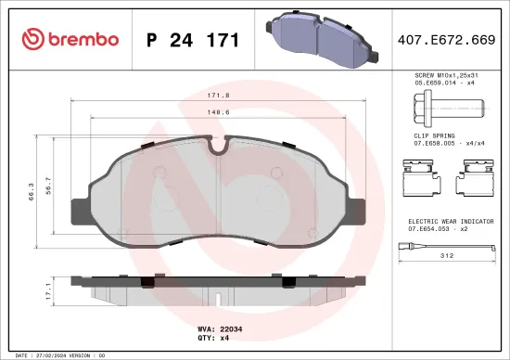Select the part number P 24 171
click(194, 40)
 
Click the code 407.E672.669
click(446, 40)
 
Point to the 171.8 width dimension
click(218, 96)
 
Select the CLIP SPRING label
click(434, 135)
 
